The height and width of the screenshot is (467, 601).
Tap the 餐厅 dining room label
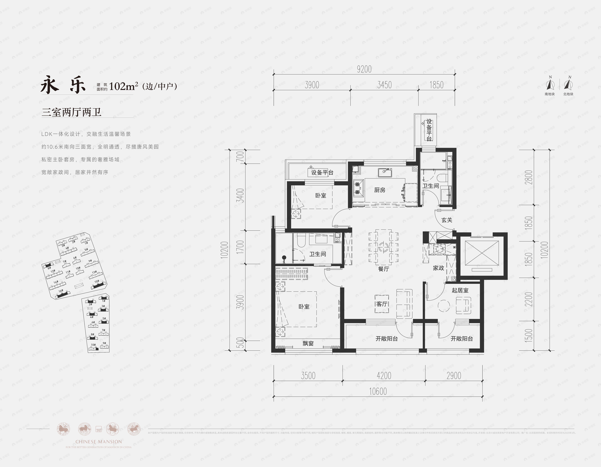click(384, 269)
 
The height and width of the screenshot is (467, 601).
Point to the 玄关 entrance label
click(447, 220)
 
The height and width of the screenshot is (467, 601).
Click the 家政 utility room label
click(438, 268)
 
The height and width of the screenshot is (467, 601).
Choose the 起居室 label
click(460, 290)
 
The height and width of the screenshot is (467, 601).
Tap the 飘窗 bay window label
click(308, 343)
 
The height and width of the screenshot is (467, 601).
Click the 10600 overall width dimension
click(378, 391)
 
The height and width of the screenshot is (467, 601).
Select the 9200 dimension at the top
click(364, 69)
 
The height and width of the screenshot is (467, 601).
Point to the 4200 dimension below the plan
click(384, 375)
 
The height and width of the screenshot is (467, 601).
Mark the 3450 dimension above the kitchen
click(384, 85)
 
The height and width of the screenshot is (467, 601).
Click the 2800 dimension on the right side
click(529, 177)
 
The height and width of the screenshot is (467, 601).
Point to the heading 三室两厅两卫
click(72, 112)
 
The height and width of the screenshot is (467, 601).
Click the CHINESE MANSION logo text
click(98, 442)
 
